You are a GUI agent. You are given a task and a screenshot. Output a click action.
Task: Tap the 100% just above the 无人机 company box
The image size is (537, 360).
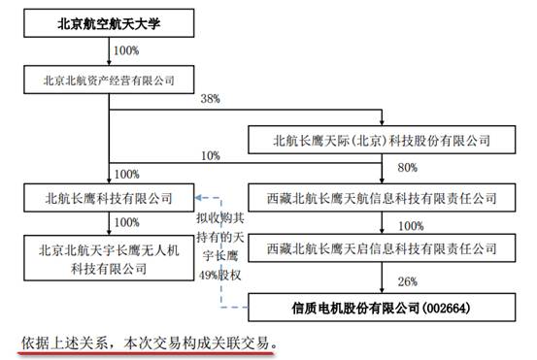127,222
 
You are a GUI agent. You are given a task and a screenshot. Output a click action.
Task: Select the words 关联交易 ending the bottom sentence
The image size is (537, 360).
245,343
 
